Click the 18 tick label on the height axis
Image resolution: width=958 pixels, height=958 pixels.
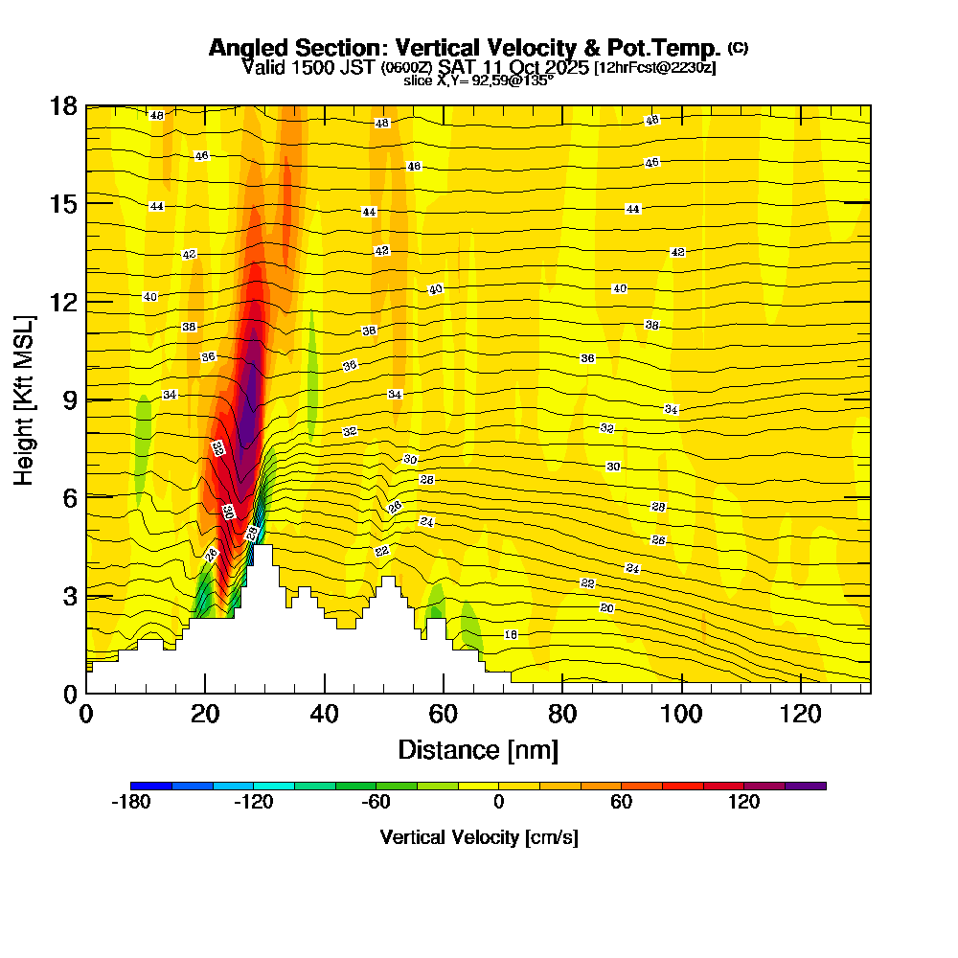pos(65,105)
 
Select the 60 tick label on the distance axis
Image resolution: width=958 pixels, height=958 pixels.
pos(443,714)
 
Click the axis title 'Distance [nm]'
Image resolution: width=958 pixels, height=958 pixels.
pos(478,749)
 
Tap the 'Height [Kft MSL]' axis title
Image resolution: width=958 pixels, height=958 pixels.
pos(24,399)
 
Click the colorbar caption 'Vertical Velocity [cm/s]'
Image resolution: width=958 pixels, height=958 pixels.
pos(478,837)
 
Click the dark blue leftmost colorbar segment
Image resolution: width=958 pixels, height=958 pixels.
pos(151,786)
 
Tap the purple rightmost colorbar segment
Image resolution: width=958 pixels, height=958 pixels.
pos(805,786)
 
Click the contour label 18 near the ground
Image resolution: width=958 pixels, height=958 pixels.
pos(511,635)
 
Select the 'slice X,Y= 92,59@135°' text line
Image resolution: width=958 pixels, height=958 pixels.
pos(478,80)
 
